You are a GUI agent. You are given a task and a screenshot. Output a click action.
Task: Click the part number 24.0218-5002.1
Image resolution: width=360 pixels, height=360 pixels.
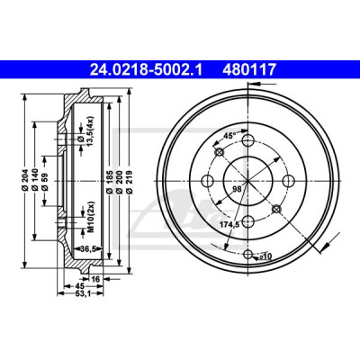click(x=147, y=69)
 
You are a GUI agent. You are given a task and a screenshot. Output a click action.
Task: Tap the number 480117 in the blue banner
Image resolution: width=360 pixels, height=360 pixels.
click(x=248, y=69)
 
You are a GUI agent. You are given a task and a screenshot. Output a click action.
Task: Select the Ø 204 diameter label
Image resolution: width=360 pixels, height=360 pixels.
click(x=25, y=181)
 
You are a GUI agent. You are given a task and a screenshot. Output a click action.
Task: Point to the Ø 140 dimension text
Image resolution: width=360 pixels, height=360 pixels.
click(x=35, y=181)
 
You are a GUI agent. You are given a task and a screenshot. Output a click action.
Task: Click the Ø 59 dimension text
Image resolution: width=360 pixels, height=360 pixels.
click(x=45, y=181)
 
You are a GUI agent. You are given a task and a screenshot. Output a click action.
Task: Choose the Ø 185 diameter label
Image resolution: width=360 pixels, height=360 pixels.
click(x=110, y=182)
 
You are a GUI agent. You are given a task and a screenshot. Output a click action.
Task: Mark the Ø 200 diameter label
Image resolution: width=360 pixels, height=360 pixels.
click(x=119, y=182)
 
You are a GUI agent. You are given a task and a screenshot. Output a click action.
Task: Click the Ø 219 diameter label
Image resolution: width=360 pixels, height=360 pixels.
click(x=129, y=182)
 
